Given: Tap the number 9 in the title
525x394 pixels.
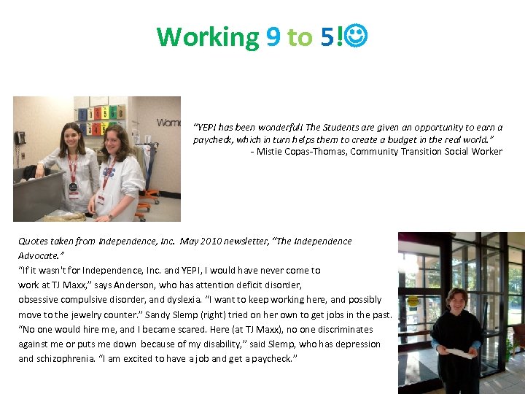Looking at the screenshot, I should tap(273, 36).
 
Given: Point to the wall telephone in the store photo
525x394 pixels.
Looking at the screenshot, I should tap(20, 137).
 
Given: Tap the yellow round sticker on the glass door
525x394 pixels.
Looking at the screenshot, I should tap(413, 301).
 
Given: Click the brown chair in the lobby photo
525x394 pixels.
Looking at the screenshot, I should tap(518, 334).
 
